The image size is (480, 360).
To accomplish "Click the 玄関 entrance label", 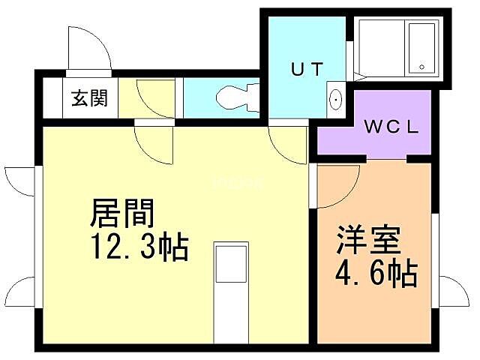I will point(89,98).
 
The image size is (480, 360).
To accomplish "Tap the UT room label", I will point(307,70).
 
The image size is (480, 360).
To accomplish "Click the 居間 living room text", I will point(122,214).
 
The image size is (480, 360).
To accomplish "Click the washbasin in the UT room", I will point(335,99).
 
